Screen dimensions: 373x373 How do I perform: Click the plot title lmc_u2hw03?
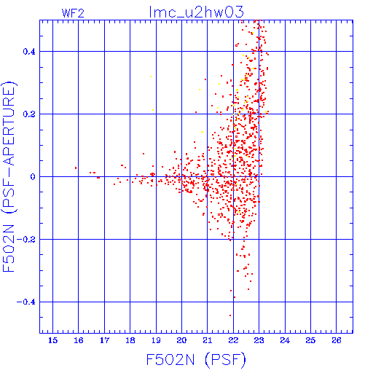point(196,12)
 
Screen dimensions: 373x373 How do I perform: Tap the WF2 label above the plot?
point(73,13)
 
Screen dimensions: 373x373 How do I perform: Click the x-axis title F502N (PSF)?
point(196,360)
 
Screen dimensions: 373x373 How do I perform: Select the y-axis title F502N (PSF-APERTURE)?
point(9,176)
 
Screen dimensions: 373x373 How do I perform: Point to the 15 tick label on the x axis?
point(53,340)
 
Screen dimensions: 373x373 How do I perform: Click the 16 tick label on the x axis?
point(79,340)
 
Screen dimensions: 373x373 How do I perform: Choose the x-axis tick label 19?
point(156,340)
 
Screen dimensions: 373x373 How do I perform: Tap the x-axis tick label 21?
point(208,340)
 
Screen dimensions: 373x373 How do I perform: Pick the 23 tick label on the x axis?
point(259,340)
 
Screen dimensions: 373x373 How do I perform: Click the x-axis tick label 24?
point(285,340)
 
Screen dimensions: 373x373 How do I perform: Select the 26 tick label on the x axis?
point(337,340)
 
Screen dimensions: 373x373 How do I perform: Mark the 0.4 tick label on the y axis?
point(29,52)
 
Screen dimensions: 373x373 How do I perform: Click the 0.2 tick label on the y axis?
point(29,114)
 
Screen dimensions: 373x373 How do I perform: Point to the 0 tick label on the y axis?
point(33,177)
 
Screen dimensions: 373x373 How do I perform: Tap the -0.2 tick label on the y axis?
point(26,240)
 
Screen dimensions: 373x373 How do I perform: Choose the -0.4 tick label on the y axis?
point(26,302)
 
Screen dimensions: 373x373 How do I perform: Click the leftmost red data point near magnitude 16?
point(76,168)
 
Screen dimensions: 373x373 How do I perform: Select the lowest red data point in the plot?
point(230,315)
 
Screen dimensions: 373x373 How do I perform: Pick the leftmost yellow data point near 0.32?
point(151,76)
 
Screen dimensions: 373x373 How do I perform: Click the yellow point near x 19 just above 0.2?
point(153,110)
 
